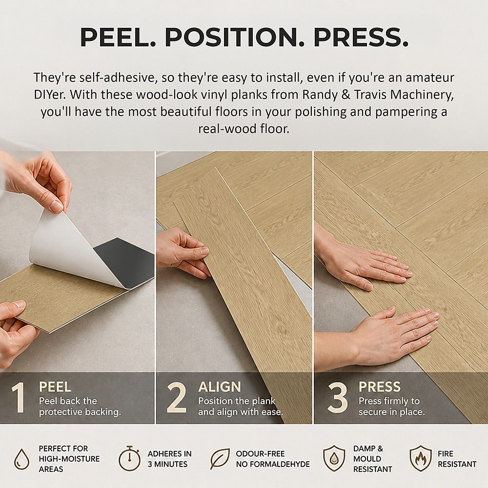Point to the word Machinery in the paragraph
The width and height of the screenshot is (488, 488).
pos(422,95)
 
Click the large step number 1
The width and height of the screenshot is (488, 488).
pos(19,398)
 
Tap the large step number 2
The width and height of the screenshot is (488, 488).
pos(177,398)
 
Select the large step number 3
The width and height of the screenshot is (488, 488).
pos(338,398)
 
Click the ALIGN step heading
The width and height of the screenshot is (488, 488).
pos(220,387)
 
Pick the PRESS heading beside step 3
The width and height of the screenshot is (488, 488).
pos(380,387)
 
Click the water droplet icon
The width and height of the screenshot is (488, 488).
pos(22,459)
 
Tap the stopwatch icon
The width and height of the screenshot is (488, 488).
pos(129,458)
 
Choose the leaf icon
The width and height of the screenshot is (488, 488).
pos(220,459)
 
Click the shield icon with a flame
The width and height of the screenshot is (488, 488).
pos(421,458)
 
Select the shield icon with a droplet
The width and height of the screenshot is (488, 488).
pos(334,458)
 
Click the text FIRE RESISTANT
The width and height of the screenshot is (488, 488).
pos(457,459)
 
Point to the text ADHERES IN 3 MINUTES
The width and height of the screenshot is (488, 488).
pos(170,459)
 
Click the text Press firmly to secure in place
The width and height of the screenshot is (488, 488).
pos(391,407)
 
